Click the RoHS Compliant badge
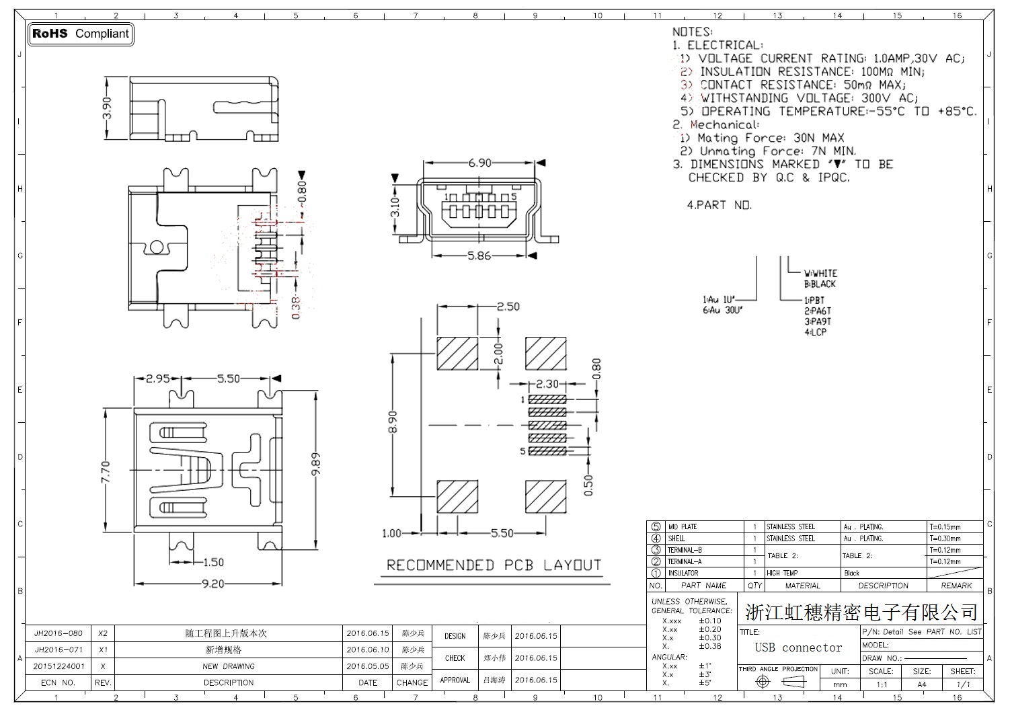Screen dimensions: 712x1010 pos(80,34)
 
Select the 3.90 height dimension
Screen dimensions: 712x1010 pos(107,108)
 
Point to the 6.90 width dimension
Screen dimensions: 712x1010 pos(479,163)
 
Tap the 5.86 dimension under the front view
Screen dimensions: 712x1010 pos(479,256)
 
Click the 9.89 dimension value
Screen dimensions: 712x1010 pos(316,465)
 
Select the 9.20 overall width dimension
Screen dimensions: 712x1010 pos(212,584)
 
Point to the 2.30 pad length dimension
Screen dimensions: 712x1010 pos(547,385)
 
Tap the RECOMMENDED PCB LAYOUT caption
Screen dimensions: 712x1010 pos(494,565)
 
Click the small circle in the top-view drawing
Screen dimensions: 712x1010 pos(156,247)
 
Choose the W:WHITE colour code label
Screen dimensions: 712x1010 pos(820,274)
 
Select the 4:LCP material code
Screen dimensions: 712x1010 pos(815,332)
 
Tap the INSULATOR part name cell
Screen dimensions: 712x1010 pos(683,573)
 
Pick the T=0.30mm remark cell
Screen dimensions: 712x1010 pos(945,539)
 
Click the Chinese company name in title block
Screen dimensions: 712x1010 pos(861,612)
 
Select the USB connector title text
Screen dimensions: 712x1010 pos(798,648)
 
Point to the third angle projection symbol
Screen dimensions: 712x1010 pos(779,682)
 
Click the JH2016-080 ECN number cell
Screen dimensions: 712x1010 pos(59,633)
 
